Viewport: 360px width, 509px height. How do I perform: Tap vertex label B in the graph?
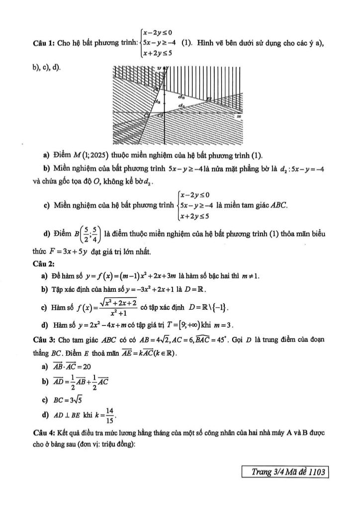coord(209,100)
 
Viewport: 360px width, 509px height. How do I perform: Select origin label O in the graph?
coord(146,115)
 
